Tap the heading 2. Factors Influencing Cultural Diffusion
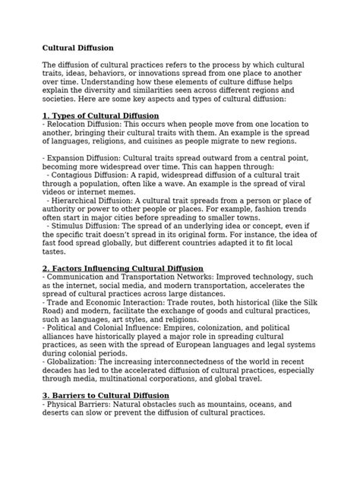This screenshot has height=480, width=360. (122, 268)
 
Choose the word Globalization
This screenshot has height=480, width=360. (74, 362)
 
